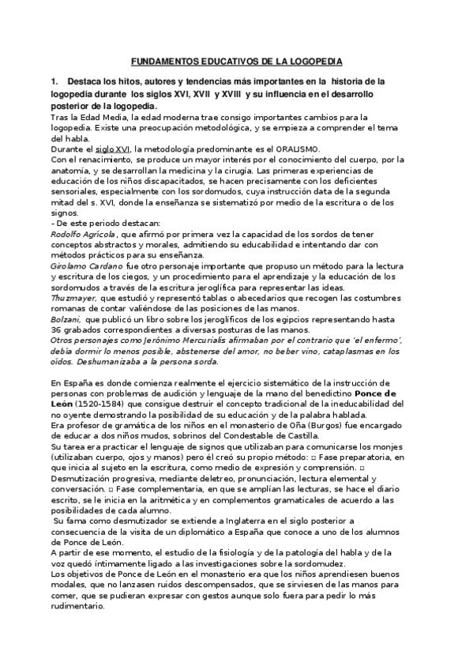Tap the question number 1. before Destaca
[x=54, y=81]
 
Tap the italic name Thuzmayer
[x=73, y=298]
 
